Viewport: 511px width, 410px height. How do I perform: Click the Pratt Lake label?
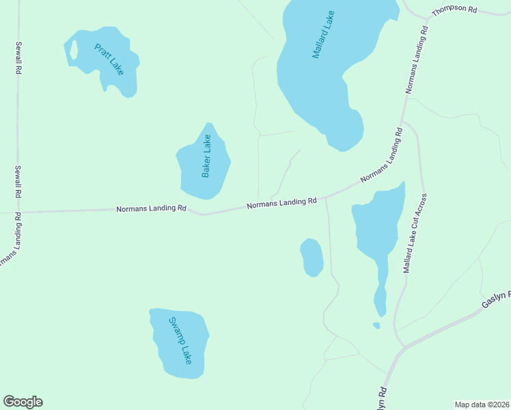[x=109, y=61]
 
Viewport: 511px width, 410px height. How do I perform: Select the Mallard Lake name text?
[x=323, y=34]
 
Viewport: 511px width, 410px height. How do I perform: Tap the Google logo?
[x=23, y=402]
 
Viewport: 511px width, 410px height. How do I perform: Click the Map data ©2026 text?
[x=482, y=405]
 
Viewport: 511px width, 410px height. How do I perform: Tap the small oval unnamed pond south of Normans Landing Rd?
[x=312, y=258]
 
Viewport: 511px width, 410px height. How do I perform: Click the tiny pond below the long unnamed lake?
[x=376, y=325]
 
